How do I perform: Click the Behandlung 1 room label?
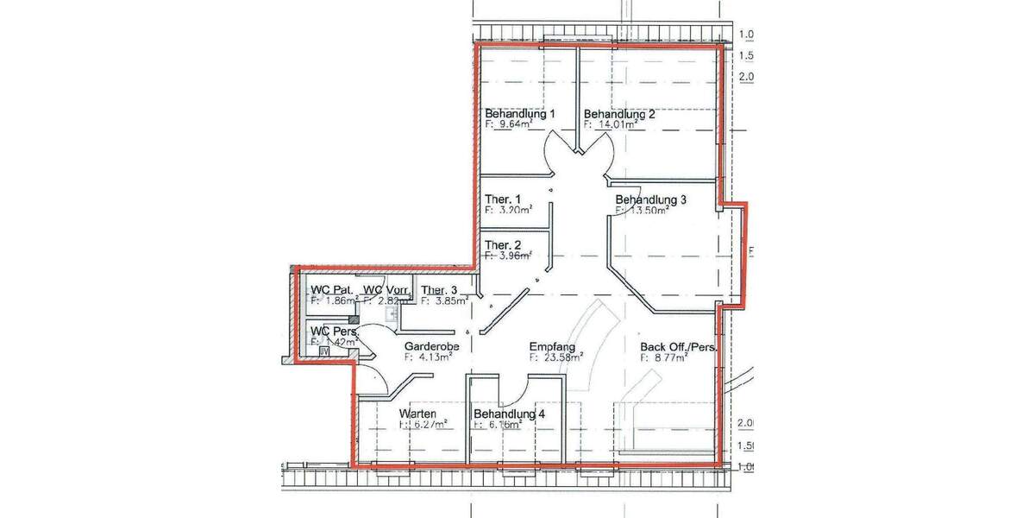point(519,114)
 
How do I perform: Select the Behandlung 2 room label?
point(620,114)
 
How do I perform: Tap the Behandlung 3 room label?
point(650,199)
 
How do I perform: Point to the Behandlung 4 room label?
point(509,414)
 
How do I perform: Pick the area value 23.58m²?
point(561,357)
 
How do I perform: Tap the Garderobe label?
point(431,346)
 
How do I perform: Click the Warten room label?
point(417,414)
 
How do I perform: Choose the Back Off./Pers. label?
point(679,347)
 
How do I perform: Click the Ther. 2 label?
point(502,244)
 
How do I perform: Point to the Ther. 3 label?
point(439,290)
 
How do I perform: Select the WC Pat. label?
point(331,290)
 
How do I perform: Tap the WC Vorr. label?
point(385,290)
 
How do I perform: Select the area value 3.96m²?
point(513,256)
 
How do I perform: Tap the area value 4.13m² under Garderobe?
point(436,357)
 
